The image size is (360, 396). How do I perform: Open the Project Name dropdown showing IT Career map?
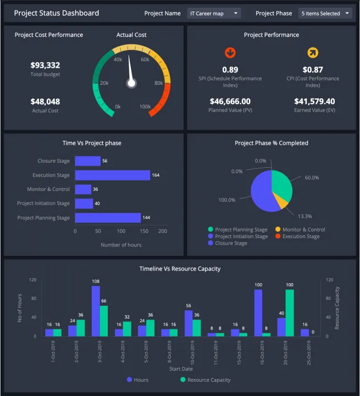214,13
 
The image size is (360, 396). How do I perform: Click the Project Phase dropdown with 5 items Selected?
325,13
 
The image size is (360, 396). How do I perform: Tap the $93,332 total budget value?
45,65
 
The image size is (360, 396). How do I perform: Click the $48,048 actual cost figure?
45,102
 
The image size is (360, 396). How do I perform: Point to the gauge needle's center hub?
131,83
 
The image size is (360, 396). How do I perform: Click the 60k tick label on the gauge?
145,59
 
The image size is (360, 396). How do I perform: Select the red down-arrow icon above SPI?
230,53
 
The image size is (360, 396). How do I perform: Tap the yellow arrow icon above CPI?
313,53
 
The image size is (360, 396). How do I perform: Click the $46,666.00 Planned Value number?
230,102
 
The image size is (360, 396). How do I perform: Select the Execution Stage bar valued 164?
112,175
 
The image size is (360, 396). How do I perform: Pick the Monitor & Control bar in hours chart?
83,189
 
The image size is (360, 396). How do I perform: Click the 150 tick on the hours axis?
141,232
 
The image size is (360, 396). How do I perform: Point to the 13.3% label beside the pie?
304,216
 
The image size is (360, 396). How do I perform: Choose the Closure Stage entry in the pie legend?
231,243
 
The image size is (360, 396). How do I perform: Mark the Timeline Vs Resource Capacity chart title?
180,269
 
